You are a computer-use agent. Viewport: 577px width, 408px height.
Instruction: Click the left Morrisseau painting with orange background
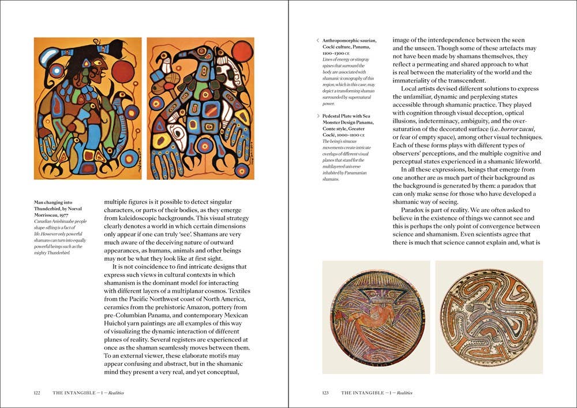[87, 108]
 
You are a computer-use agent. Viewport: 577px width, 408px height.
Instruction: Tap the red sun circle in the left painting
[122, 72]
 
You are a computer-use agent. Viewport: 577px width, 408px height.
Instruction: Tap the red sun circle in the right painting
[242, 52]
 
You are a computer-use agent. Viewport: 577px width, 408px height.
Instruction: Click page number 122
[37, 393]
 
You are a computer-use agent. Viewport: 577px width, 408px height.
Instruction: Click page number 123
[325, 393]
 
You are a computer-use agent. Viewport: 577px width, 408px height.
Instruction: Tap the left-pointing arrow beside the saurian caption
[317, 40]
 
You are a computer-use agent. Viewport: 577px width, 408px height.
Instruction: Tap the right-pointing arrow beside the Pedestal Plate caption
[317, 116]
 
